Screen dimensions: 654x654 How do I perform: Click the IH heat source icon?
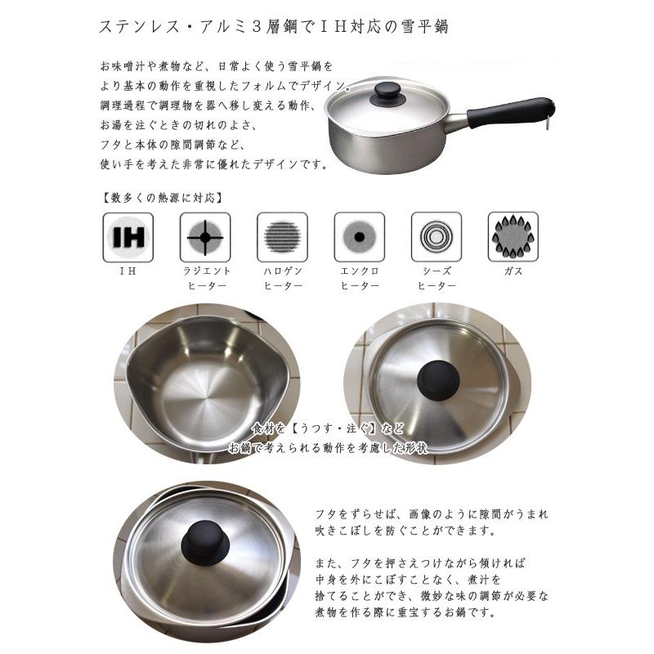coord(128,238)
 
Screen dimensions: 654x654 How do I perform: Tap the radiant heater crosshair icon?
coord(205,238)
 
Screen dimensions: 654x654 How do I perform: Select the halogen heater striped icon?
coord(282,238)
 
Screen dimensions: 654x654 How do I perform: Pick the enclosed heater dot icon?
coord(359,238)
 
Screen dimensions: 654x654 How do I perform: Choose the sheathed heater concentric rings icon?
coord(436,238)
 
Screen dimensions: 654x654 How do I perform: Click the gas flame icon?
coord(513,238)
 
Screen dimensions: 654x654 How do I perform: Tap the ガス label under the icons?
coord(513,270)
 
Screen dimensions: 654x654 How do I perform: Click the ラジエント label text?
coord(205,270)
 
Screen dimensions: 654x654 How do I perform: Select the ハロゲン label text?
coord(282,270)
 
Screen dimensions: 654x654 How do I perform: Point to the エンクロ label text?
coord(359,270)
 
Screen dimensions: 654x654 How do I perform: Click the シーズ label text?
coord(436,270)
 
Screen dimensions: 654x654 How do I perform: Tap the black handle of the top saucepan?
coord(515,110)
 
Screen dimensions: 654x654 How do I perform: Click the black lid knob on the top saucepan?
coord(384,93)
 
